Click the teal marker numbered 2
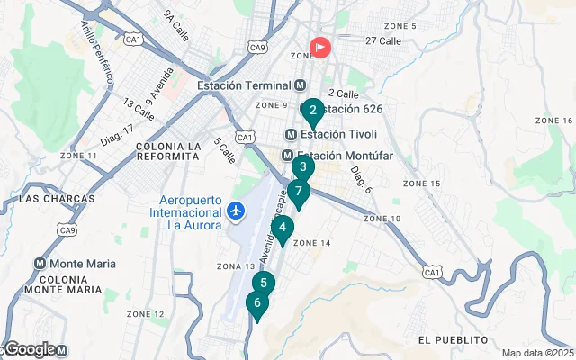pyautogui.click(x=312, y=112)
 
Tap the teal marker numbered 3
pyautogui.click(x=303, y=167)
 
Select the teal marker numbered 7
pyautogui.click(x=298, y=192)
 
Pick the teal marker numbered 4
pyautogui.click(x=283, y=228)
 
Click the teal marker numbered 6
pyautogui.click(x=257, y=303)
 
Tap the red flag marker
pyautogui.click(x=319, y=47)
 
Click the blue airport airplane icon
pyautogui.click(x=236, y=211)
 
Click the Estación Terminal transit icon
pyautogui.click(x=301, y=85)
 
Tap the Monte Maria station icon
pyautogui.click(x=40, y=264)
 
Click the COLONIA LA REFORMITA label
pyautogui.click(x=167, y=151)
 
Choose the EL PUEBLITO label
pyautogui.click(x=453, y=339)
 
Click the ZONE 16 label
pyautogui.click(x=554, y=121)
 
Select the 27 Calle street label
pyautogui.click(x=383, y=40)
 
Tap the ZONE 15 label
pyautogui.click(x=421, y=184)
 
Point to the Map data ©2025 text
pyautogui.click(x=537, y=353)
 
